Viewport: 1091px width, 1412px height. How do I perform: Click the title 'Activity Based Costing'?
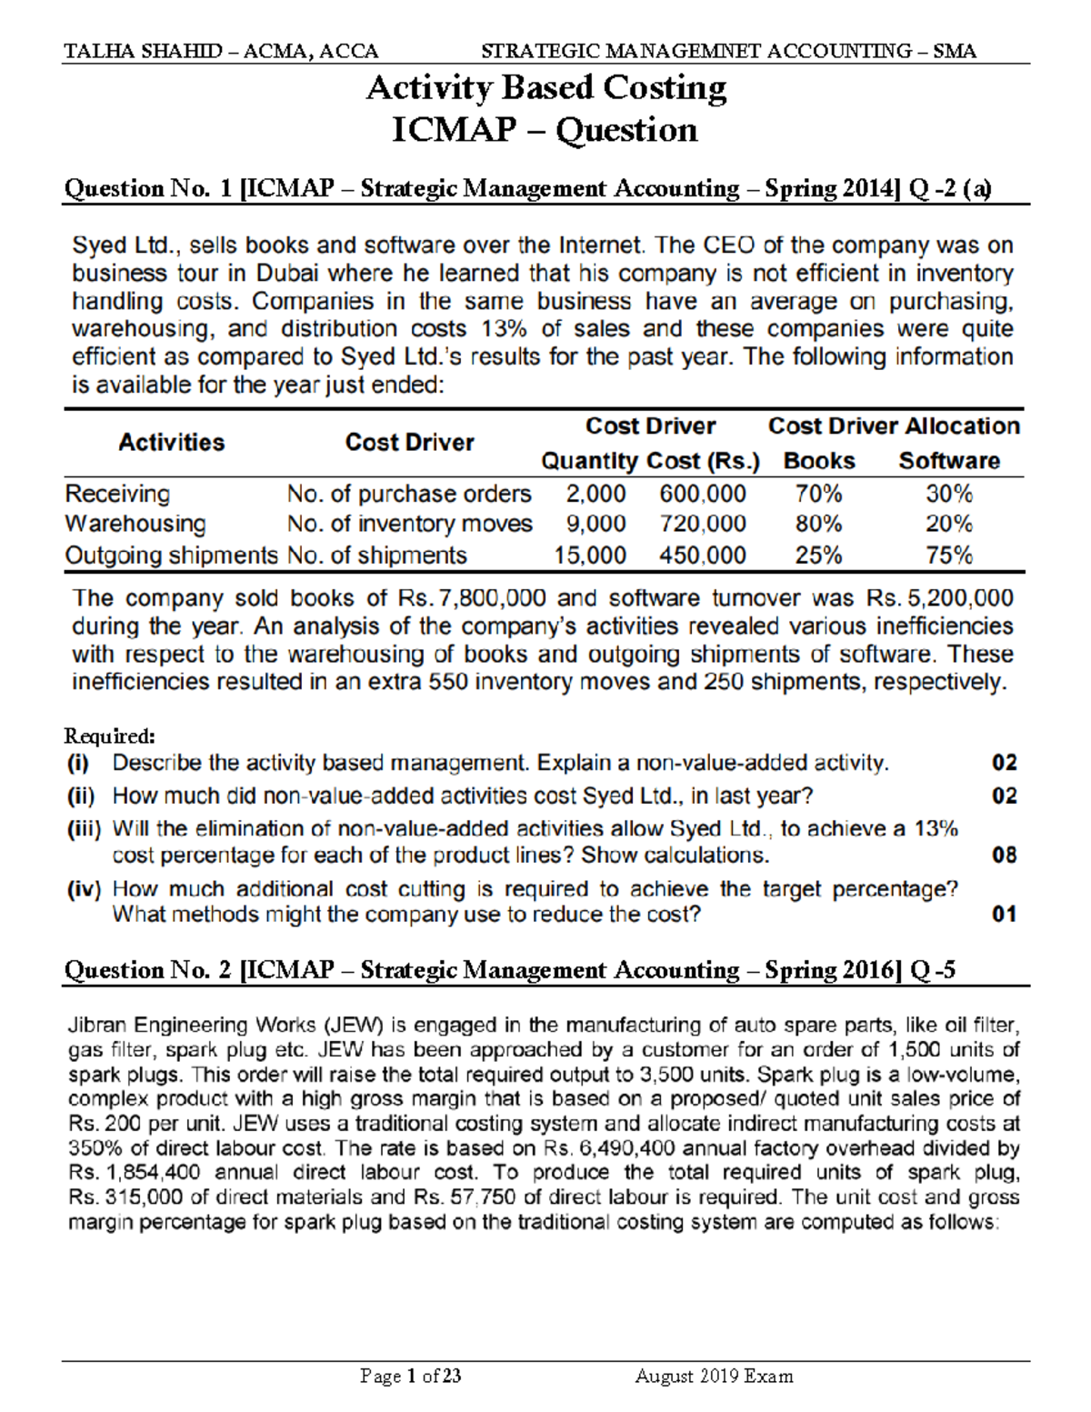pyautogui.click(x=545, y=88)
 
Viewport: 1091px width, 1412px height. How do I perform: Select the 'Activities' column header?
pyautogui.click(x=171, y=443)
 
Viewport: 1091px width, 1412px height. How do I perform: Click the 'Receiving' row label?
pyautogui.click(x=117, y=494)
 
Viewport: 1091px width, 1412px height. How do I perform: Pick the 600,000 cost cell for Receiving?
pyautogui.click(x=703, y=494)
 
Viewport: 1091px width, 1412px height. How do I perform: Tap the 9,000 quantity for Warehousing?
pyautogui.click(x=596, y=524)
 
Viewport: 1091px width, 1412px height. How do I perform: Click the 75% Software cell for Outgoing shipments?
pyautogui.click(x=949, y=556)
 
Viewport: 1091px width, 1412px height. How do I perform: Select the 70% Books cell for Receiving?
pyautogui.click(x=818, y=494)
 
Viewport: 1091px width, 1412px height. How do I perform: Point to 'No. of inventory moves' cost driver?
pyautogui.click(x=409, y=524)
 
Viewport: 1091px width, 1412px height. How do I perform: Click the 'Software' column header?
pyautogui.click(x=949, y=461)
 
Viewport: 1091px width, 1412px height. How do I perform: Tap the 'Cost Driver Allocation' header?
pyautogui.click(x=894, y=426)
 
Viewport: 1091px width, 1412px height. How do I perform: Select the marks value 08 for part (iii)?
pyautogui.click(x=1004, y=855)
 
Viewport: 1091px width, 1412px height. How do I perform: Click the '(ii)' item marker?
pyautogui.click(x=81, y=796)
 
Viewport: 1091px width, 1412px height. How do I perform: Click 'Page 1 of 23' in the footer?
pyautogui.click(x=411, y=1376)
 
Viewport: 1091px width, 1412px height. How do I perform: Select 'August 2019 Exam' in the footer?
pyautogui.click(x=714, y=1376)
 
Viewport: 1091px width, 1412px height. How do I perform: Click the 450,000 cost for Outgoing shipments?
pyautogui.click(x=703, y=556)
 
